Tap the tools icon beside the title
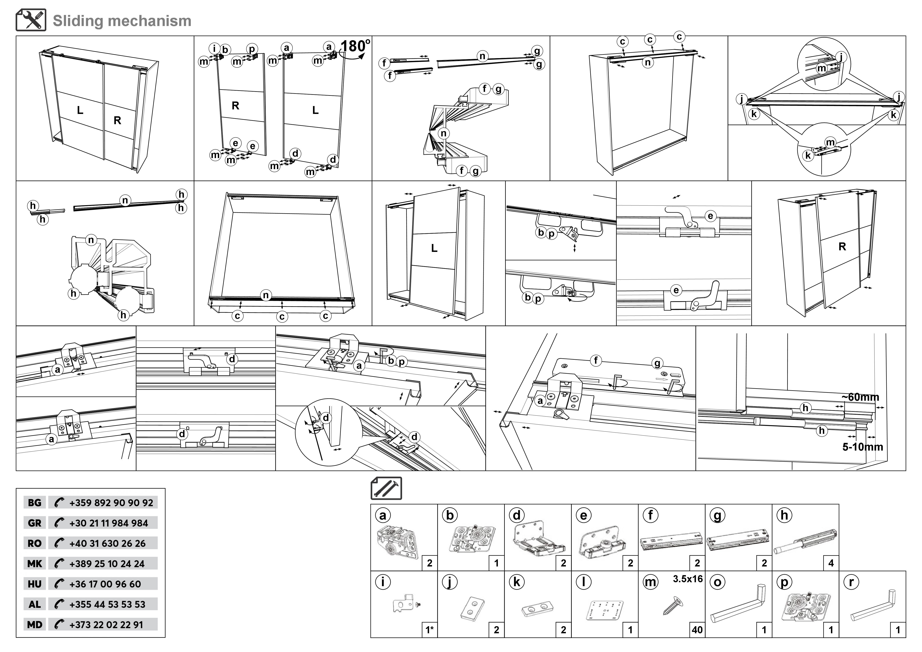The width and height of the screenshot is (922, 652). point(31,20)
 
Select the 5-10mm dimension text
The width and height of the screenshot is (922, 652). point(862,447)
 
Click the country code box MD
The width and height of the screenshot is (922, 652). point(34,625)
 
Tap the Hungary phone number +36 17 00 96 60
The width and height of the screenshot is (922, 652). point(105,584)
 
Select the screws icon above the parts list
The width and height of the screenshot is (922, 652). point(386,488)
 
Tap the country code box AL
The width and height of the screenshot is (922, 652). point(34,604)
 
